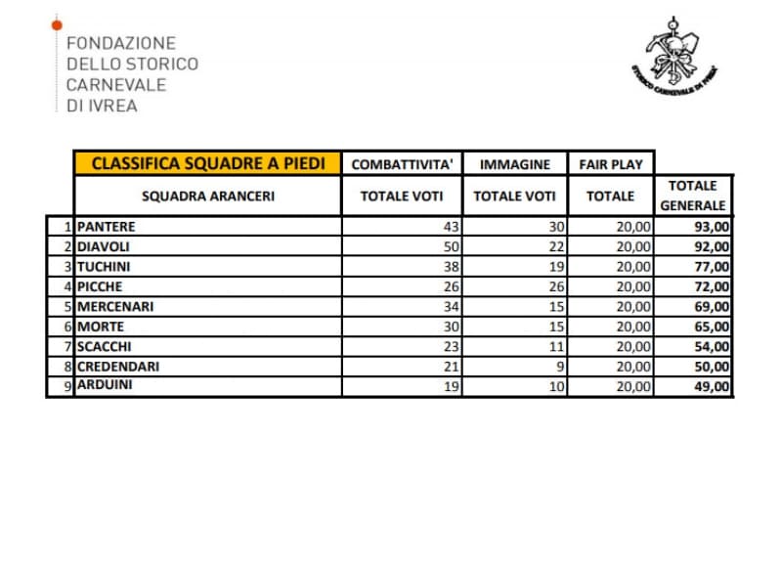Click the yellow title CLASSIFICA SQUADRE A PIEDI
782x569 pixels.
(207, 163)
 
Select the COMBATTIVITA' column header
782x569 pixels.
(401, 164)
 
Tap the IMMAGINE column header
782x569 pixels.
(514, 164)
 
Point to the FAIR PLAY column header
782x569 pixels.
(611, 164)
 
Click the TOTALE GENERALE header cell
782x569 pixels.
(693, 195)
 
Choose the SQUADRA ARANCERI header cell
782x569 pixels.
(207, 196)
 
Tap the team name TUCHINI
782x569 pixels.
(104, 266)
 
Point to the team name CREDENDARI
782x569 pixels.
(118, 366)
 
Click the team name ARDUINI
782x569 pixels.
(106, 385)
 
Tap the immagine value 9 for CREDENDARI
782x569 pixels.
(560, 366)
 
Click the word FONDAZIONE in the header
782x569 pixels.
(120, 44)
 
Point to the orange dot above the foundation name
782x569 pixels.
(57, 22)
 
